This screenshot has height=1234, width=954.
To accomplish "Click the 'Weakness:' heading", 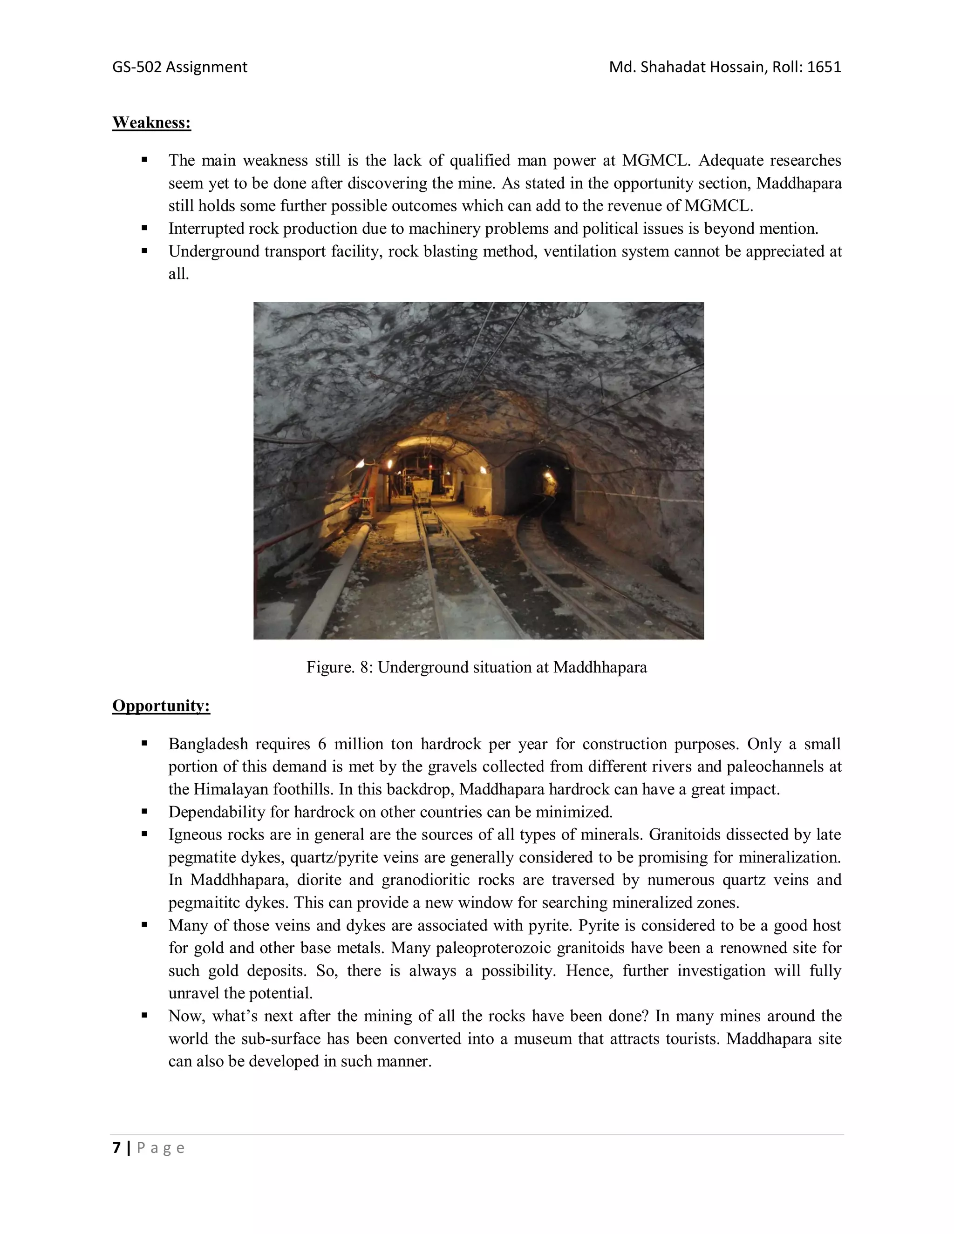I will [151, 122].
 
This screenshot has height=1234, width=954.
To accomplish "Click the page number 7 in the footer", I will [116, 1147].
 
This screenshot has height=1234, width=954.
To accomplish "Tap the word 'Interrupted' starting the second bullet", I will [206, 229].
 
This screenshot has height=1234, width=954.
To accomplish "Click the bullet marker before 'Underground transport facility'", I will [145, 251].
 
